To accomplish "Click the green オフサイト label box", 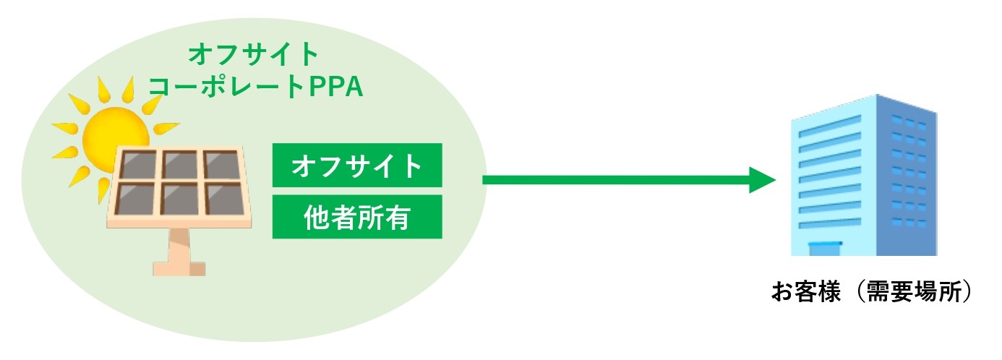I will click(x=356, y=166).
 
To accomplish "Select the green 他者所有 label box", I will click(x=356, y=216).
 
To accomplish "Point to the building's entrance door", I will click(x=825, y=249).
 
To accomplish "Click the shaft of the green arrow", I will click(x=615, y=179).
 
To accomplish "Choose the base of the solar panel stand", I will click(x=179, y=268).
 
